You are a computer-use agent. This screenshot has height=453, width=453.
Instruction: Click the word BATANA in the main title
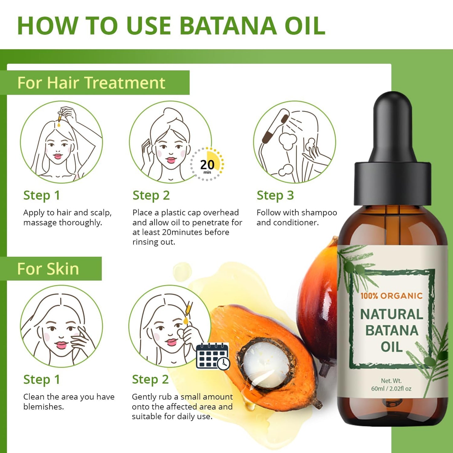pyautogui.click(x=228, y=26)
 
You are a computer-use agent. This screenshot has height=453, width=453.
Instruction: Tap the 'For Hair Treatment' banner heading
pyautogui.click(x=91, y=83)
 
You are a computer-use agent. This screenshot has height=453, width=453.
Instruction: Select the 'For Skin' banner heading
pyautogui.click(x=48, y=269)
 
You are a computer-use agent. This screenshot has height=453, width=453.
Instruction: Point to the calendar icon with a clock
pyautogui.click(x=213, y=356)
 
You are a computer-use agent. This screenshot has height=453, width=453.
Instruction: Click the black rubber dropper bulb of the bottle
pyautogui.click(x=392, y=125)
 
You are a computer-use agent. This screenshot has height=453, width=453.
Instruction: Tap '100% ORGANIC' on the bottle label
pyautogui.click(x=391, y=296)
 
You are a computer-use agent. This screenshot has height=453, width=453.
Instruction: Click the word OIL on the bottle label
pyautogui.click(x=392, y=347)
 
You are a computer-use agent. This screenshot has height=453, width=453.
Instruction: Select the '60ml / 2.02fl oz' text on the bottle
pyautogui.click(x=391, y=388)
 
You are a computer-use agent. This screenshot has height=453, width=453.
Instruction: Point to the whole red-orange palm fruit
pyautogui.click(x=317, y=301)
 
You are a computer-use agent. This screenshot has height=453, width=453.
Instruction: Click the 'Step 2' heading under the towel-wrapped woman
pyautogui.click(x=151, y=195)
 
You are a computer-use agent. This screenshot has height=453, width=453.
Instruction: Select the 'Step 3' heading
pyautogui.click(x=275, y=195)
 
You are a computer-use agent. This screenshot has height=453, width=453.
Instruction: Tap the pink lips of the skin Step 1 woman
pyautogui.click(x=61, y=345)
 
